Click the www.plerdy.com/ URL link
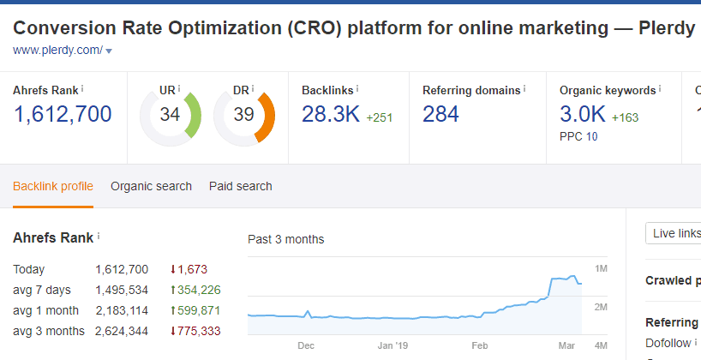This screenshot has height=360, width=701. coord(57,51)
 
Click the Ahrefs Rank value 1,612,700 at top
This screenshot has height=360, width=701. coord(62,114)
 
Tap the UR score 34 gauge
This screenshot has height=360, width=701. coord(169,114)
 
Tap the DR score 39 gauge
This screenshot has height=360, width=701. coord(243,114)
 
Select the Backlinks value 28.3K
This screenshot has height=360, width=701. coord(330,114)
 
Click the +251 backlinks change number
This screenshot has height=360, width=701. coord(379,117)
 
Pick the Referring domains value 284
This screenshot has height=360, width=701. coord(440,114)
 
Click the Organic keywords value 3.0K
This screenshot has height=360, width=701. coord(583,114)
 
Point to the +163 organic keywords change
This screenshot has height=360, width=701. coord(625,117)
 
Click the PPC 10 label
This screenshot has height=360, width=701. coord(578,136)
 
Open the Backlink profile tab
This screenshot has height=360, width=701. coord(53,186)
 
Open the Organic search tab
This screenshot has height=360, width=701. coord(151,186)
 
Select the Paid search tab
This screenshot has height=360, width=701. coord(240,186)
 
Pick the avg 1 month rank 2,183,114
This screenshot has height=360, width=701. coord(122,310)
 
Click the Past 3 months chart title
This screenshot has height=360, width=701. coord(285,239)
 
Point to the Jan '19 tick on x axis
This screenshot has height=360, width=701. coord(392,346)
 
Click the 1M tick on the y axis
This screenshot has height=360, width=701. coord(602,269)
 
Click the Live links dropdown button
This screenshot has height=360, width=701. coord(674,234)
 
